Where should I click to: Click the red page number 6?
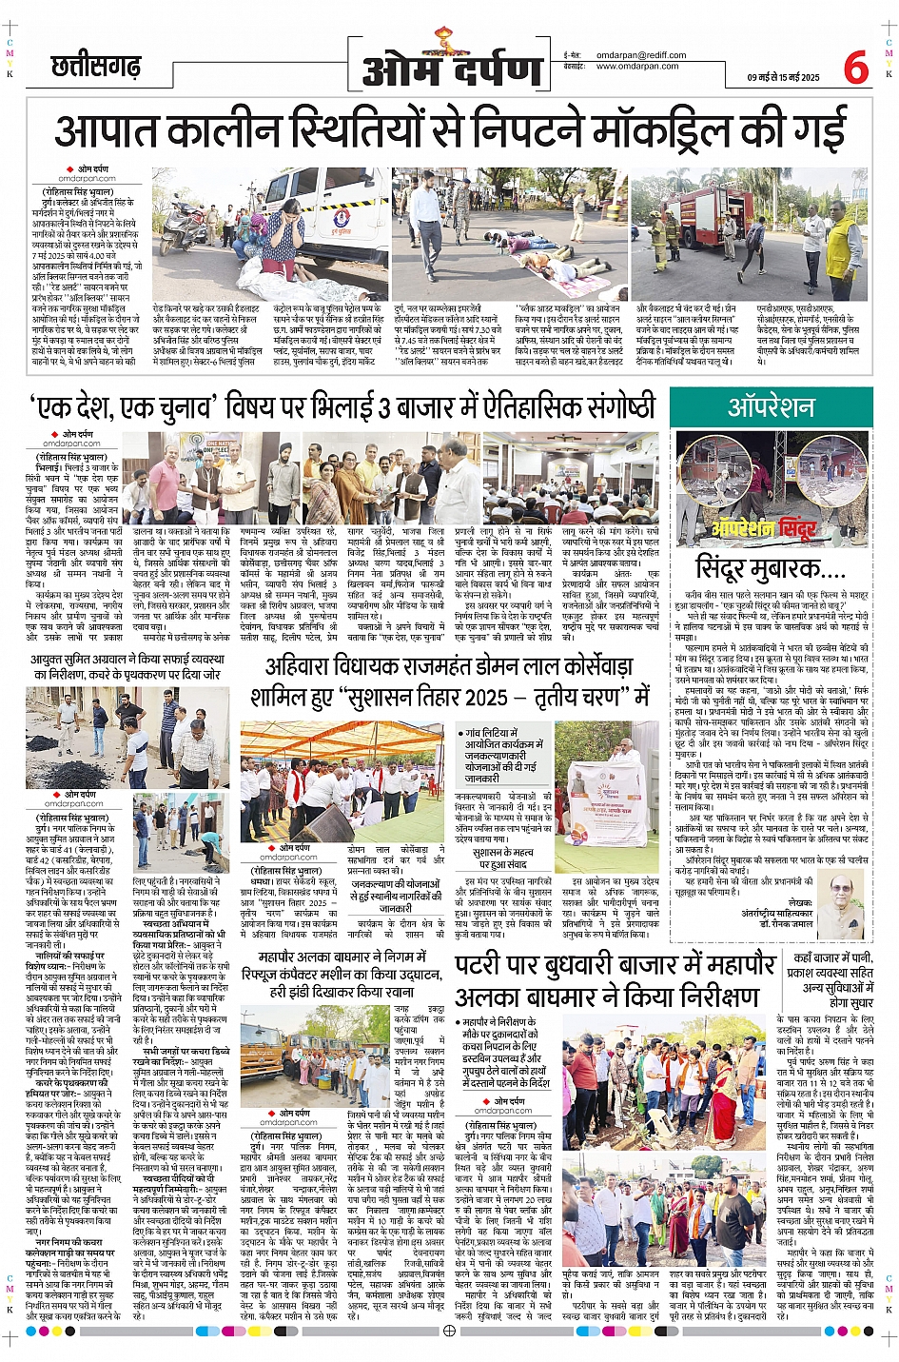855,66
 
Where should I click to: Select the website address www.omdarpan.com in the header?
637,67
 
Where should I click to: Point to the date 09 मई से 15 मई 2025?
783,78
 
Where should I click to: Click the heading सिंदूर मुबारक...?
771,568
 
